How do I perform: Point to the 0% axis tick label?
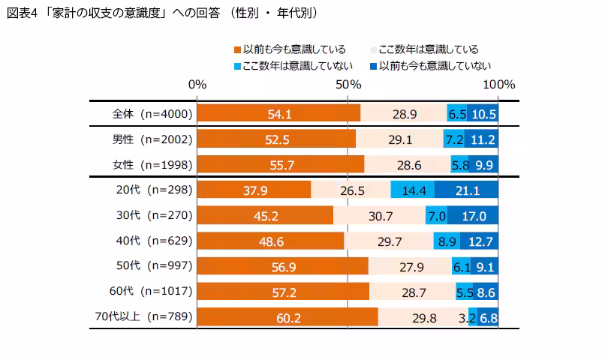[197, 85]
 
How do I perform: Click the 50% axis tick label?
[348, 85]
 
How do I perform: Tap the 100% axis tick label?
[498, 85]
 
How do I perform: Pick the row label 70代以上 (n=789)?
[149, 317]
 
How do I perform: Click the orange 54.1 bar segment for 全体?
[278, 114]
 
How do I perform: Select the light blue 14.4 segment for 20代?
[412, 190]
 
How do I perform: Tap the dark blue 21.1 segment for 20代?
[466, 190]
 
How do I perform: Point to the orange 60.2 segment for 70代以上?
[287, 317]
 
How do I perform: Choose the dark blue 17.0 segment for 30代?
[473, 216]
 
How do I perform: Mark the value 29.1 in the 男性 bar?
[399, 139]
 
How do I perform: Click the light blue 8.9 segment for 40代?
[447, 241]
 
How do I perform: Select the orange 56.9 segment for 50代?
[282, 267]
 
